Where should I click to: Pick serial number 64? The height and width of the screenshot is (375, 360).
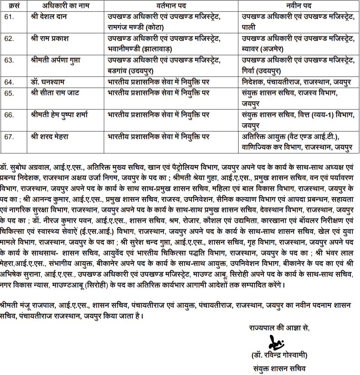(9, 82)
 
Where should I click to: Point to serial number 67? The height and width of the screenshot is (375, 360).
(9, 136)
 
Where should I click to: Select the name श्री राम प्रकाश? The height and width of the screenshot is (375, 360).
(50, 39)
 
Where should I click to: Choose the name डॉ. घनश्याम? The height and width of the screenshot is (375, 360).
(47, 82)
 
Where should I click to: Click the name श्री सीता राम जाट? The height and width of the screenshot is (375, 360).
(55, 93)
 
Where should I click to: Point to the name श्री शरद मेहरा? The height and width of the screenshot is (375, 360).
(50, 136)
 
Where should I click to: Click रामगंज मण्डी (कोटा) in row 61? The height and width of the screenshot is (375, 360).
(136, 27)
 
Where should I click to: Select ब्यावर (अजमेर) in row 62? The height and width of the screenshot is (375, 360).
(263, 49)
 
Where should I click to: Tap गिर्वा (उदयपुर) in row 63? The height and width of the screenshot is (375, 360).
(261, 71)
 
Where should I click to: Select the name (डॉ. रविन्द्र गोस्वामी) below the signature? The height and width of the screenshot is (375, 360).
(279, 356)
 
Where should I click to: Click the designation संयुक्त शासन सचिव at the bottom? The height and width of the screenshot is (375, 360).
(280, 368)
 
